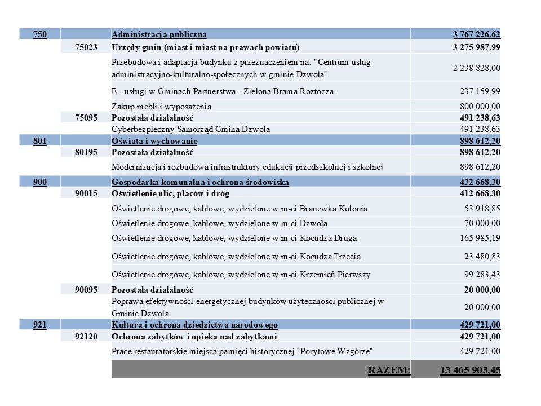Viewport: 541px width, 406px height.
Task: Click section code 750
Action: pos(40,35)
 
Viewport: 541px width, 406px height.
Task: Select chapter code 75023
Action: pos(86,47)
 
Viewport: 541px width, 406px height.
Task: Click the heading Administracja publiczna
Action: pos(159,35)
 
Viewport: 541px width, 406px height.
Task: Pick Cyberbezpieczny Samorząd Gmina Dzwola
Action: pos(191,129)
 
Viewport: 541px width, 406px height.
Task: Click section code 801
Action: pos(40,140)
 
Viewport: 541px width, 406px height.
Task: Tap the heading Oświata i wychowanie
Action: pos(155,140)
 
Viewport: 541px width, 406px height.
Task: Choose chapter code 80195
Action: pos(86,152)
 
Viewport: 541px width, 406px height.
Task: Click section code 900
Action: pos(40,182)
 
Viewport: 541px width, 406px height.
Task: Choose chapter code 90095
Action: pos(86,290)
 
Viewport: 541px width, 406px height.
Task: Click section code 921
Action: pos(40,325)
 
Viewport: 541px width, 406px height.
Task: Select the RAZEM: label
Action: pos(389,370)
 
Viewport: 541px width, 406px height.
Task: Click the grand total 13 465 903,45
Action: pos(470,370)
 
